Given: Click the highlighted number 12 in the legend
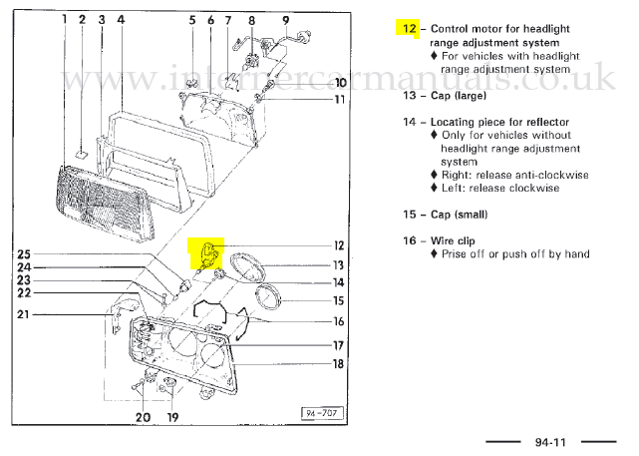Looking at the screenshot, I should [x=409, y=28].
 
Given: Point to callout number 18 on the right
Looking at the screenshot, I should [x=338, y=364].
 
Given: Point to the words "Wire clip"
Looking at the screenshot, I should [x=458, y=240].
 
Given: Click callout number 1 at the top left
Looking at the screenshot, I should [x=64, y=19].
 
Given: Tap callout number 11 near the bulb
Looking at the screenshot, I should [x=339, y=99].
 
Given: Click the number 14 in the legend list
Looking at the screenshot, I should [x=409, y=123].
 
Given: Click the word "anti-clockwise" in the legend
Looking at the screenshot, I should [x=549, y=174].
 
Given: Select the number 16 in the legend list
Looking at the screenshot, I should [x=409, y=240].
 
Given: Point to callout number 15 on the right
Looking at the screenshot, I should [x=338, y=300].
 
